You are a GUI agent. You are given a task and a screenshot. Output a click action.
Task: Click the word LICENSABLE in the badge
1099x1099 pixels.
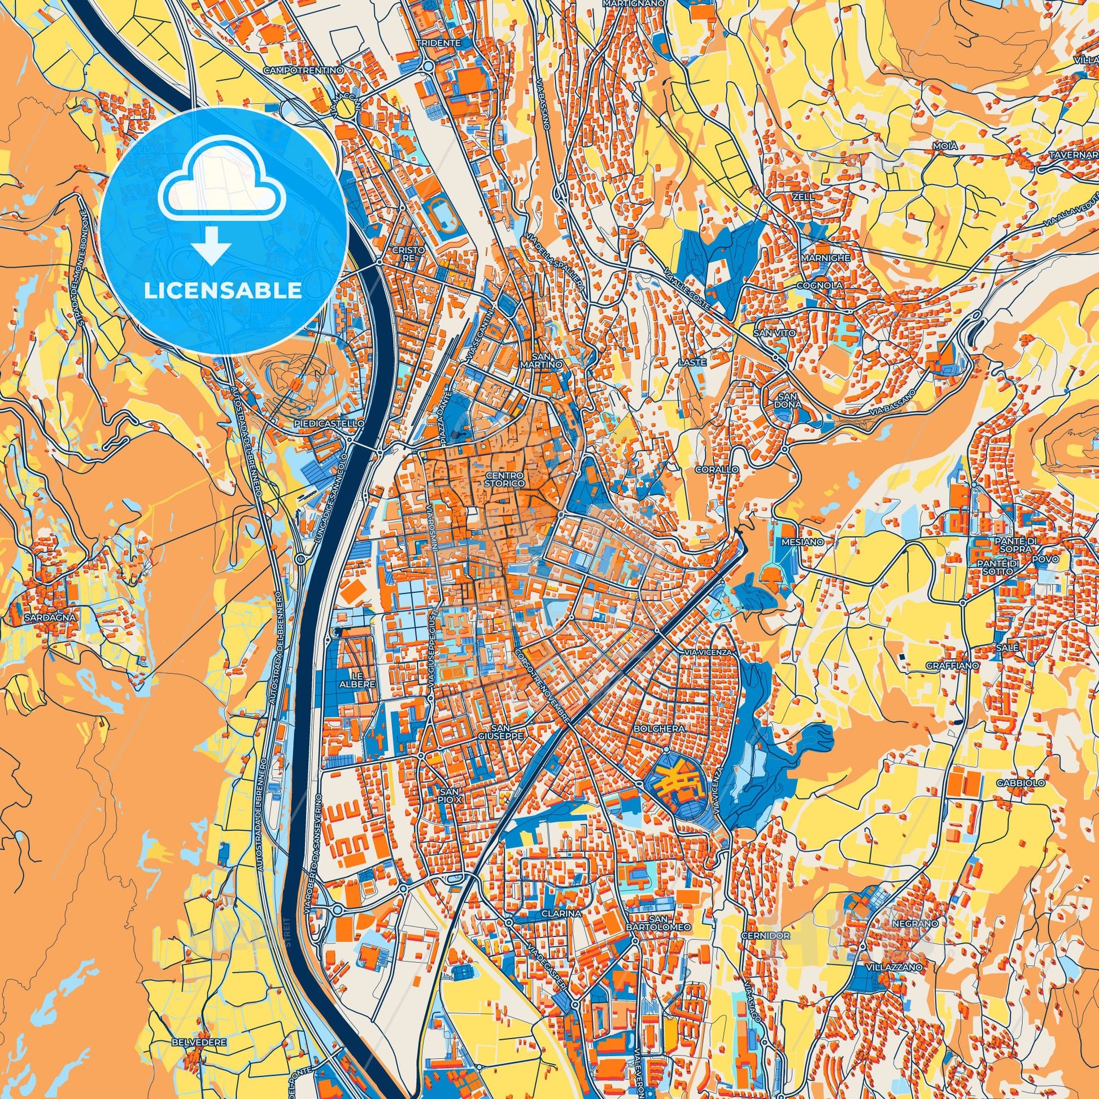(223, 291)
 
